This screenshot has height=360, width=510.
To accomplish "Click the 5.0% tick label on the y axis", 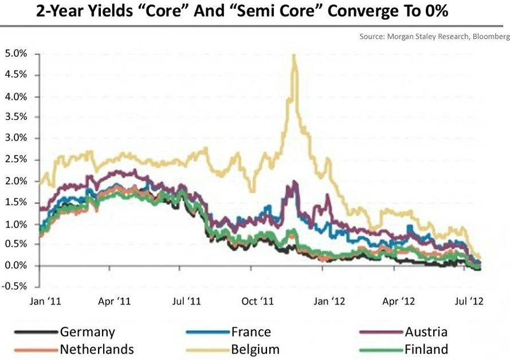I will (x=15, y=54).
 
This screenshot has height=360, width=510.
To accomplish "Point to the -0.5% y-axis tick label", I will (x=14, y=287).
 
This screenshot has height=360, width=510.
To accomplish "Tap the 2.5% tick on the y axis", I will (x=15, y=159).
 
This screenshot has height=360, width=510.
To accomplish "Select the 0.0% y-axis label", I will (x=15, y=265).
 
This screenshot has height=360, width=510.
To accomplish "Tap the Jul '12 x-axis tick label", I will (x=471, y=300).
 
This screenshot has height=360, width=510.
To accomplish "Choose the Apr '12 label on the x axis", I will (x=399, y=300).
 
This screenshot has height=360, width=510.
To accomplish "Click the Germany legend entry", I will (x=87, y=332).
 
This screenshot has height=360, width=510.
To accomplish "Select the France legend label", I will (x=251, y=332).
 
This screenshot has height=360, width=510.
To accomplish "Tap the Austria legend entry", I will (x=425, y=332).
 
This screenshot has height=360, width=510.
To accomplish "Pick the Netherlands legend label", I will (x=96, y=350).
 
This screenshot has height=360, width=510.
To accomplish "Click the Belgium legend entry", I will (x=255, y=350).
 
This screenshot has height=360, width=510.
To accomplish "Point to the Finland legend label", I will (x=425, y=350).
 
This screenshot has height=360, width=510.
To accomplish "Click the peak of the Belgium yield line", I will (x=294, y=56).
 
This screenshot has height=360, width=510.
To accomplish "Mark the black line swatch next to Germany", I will (x=35, y=332).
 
